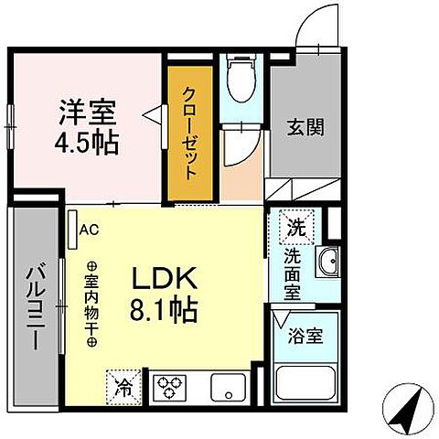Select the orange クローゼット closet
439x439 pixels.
pos(189,134)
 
